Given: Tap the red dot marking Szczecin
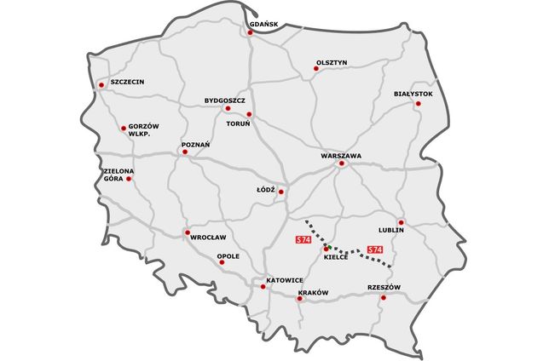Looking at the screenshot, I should pos(102,84).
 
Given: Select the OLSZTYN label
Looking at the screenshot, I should pos(331,62).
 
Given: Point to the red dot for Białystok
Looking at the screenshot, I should pos(418,104).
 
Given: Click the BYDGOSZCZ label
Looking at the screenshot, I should pos(225,100).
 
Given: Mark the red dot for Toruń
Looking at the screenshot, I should pos(249,114).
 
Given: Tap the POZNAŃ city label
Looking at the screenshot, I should pos(195,145).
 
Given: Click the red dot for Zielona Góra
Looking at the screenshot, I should pos(130,179).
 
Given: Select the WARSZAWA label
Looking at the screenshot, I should pos(342,156).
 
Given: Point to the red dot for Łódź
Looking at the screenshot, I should pos(281,192).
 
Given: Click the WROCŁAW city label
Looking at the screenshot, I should pos(208,238).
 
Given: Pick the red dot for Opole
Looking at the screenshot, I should pos(222,262).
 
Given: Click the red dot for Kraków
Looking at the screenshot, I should pos(300,300).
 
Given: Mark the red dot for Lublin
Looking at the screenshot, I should pos(402,223).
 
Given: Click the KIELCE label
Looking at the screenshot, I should pos(336,256).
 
